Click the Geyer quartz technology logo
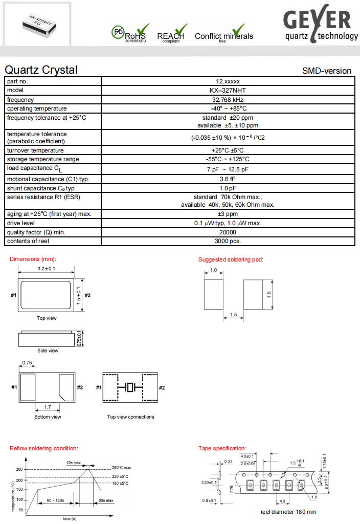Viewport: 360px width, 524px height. [321, 26]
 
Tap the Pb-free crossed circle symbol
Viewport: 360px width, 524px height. [118, 32]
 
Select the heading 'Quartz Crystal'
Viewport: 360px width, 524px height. [41, 70]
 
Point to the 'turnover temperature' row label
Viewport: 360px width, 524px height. [35, 150]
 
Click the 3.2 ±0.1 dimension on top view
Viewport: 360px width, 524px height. [47, 269]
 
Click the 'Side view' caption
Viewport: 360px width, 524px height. [48, 351]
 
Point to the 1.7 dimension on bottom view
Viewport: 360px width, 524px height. [48, 407]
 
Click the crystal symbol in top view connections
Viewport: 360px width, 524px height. [130, 388]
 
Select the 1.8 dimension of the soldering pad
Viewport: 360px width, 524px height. [282, 294]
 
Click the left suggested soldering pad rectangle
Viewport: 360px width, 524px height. [214, 294]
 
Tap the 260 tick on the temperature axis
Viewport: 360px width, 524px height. [19, 469]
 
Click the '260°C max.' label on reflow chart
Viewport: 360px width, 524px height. [122, 468]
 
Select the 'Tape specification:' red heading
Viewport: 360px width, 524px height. [222, 448]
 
